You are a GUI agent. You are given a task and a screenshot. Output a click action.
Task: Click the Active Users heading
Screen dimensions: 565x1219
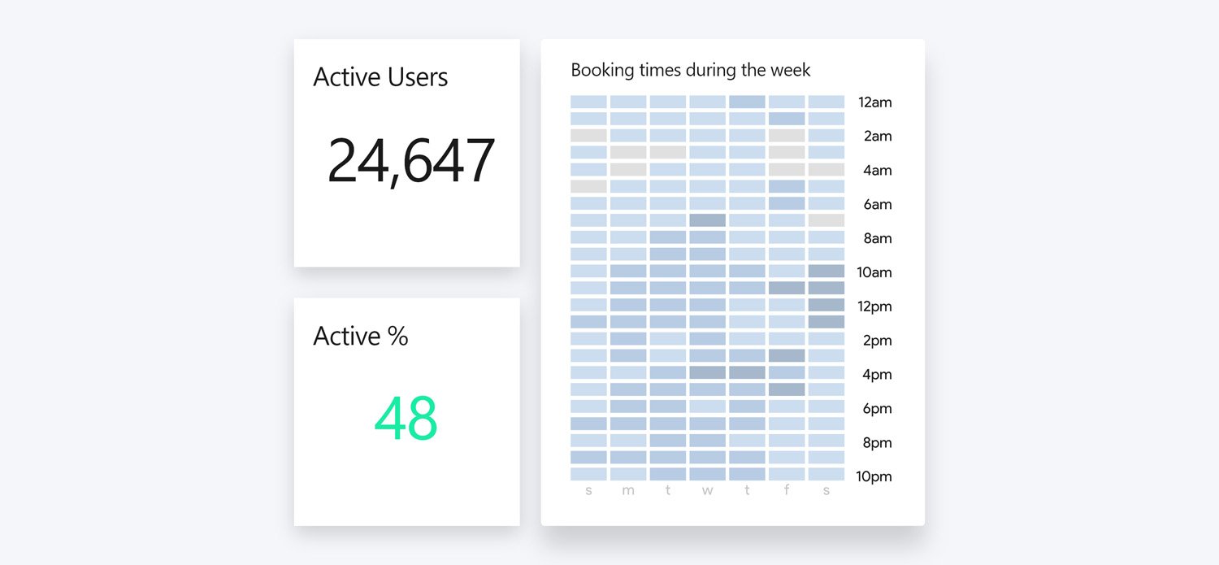pos(380,77)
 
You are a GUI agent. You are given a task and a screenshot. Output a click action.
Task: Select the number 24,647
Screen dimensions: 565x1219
pos(410,161)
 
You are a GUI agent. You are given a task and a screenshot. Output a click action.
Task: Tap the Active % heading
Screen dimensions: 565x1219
pos(361,337)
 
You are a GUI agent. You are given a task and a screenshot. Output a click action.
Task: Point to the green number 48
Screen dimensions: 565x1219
pos(406,419)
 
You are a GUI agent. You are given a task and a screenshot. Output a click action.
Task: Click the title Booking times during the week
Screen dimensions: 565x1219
pos(691,70)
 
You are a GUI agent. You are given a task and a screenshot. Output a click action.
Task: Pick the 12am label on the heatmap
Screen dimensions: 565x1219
pos(874,102)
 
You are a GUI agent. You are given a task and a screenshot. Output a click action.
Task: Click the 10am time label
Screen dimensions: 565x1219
pos(874,272)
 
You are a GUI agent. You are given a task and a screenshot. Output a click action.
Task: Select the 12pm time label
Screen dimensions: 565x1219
pos(874,306)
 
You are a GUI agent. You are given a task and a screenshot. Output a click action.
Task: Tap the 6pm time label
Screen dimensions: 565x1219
pos(877,409)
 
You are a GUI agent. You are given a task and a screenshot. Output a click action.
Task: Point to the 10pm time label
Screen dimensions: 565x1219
pos(874,476)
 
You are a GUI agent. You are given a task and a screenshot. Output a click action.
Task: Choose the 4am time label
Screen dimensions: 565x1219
pos(877,171)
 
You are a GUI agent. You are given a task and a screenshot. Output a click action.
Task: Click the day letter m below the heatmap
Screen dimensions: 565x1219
pos(628,491)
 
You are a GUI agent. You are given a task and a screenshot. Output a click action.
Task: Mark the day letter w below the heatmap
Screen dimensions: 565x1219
pos(708,491)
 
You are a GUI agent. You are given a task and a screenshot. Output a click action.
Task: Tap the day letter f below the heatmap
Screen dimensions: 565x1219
pos(787,491)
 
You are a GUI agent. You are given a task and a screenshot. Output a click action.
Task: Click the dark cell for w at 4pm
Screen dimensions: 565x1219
pos(708,372)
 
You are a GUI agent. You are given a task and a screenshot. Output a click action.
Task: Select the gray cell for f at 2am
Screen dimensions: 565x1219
pos(787,136)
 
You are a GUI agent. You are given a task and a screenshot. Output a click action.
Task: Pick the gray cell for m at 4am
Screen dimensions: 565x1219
pos(628,169)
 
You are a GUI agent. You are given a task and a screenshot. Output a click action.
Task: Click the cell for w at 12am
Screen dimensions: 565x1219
pos(708,102)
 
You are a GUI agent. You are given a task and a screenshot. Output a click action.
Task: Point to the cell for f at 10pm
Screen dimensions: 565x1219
pos(787,474)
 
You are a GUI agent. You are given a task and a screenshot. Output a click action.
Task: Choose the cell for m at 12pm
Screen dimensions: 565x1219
pos(628,305)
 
